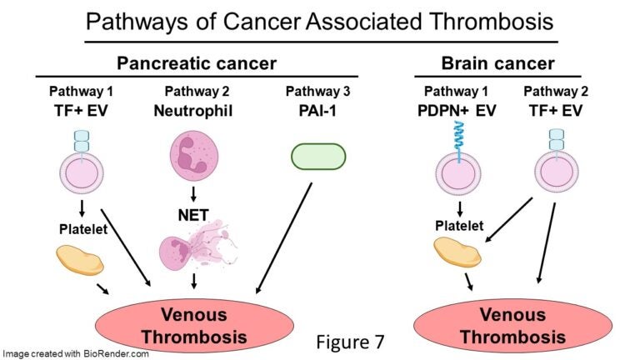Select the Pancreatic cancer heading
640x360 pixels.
pos(196,63)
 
